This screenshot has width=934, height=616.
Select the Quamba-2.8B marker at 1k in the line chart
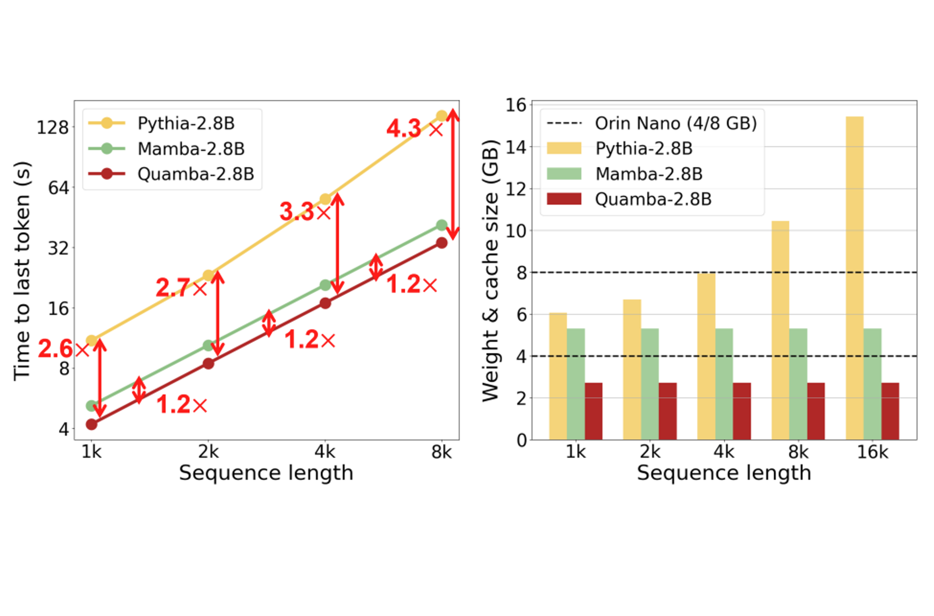click(91, 424)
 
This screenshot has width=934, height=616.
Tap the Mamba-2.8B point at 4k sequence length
click(325, 285)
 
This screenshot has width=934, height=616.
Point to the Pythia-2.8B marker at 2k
click(208, 275)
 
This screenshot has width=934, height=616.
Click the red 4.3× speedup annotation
click(414, 129)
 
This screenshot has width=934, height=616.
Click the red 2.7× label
click(181, 288)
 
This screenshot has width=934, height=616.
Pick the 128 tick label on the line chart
click(52, 128)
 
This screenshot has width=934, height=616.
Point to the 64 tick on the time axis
click(58, 188)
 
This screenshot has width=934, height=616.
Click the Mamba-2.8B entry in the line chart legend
click(191, 149)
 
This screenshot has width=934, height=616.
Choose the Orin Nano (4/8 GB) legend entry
click(675, 123)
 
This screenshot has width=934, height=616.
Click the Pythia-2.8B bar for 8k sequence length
click(780, 330)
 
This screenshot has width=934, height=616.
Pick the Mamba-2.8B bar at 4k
click(724, 384)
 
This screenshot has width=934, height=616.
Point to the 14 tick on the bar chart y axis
click(515, 147)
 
